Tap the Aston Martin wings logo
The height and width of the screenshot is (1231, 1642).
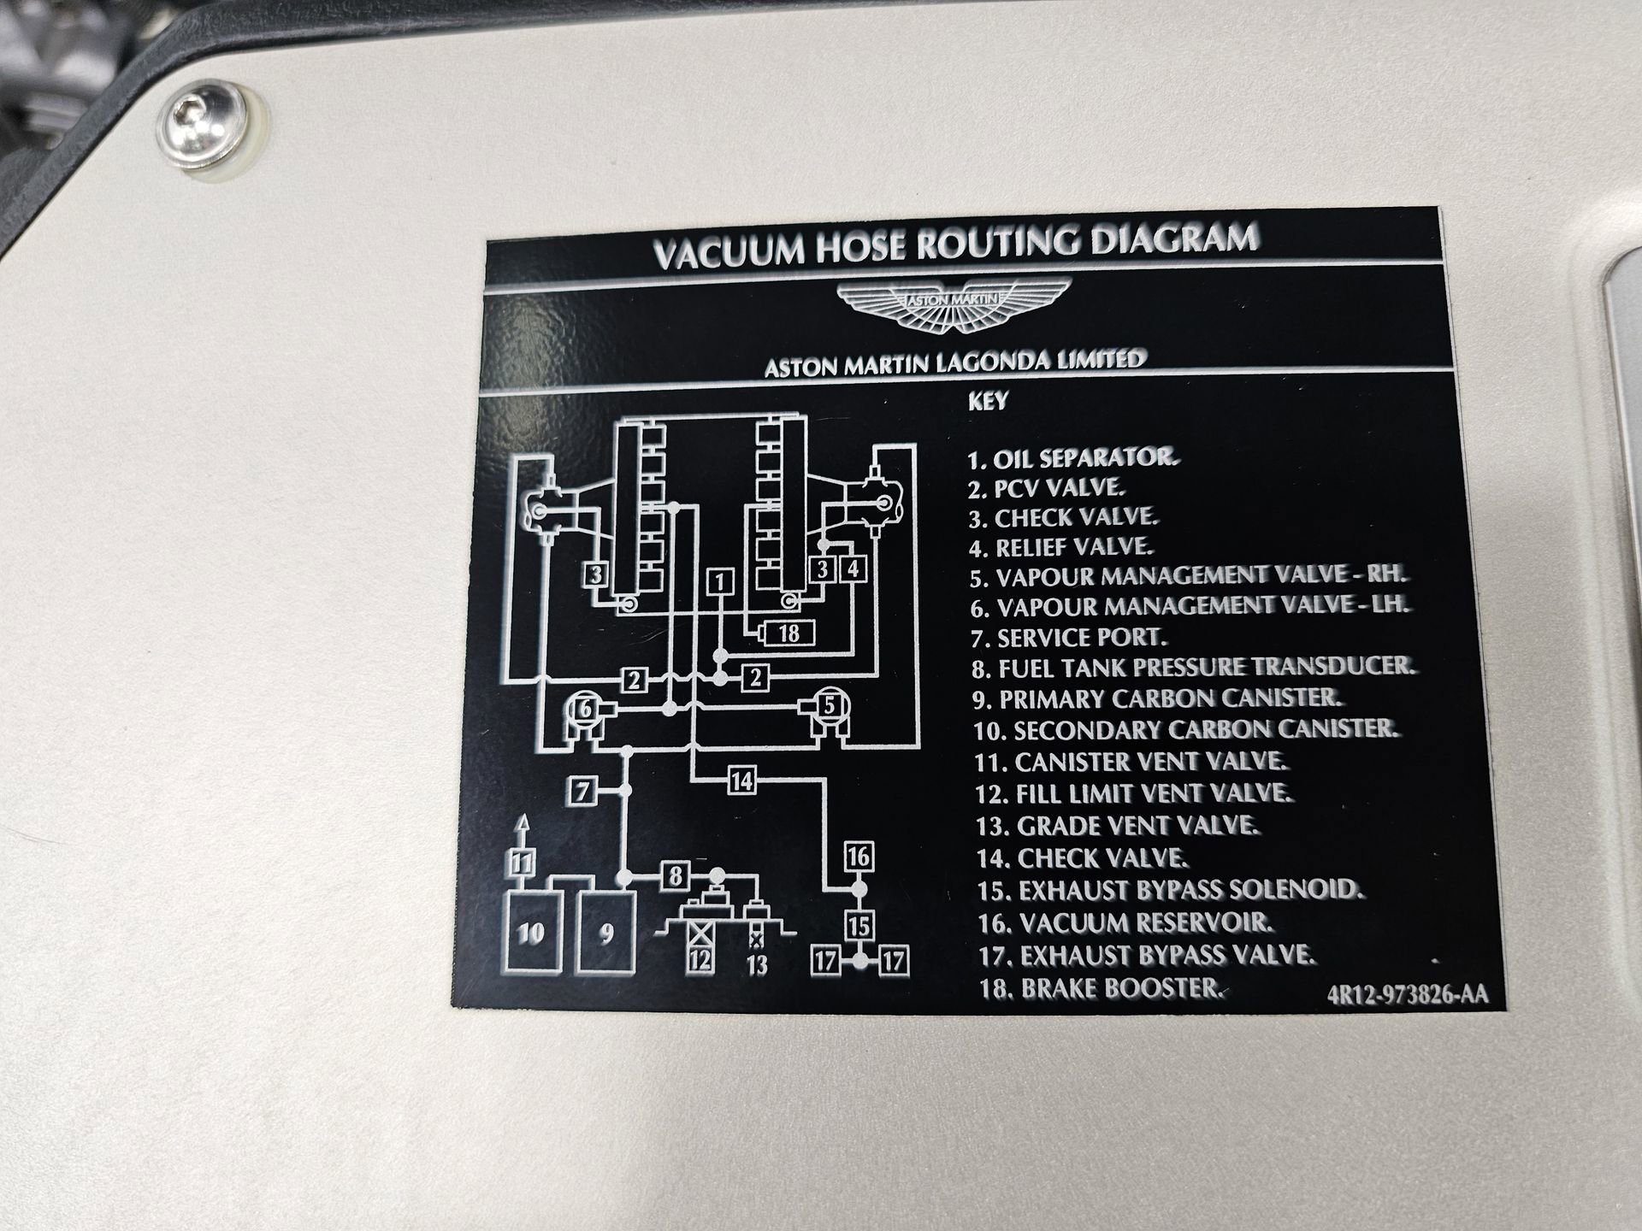tap(953, 307)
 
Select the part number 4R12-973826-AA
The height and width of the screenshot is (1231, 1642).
tap(1408, 995)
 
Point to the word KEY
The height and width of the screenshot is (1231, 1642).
tap(988, 401)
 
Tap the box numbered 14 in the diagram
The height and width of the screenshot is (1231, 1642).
tap(741, 780)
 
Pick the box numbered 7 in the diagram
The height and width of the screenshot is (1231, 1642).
tap(582, 792)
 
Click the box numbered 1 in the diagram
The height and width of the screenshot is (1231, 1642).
tap(720, 582)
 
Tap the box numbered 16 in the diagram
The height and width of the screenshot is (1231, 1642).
tap(858, 856)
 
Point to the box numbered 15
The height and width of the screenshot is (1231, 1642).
tap(859, 925)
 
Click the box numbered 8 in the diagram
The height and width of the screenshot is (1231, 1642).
tap(675, 876)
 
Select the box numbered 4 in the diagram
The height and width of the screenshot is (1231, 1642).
tap(853, 568)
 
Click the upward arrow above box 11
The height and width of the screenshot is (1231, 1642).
tap(523, 831)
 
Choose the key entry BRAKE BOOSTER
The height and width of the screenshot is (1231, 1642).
tap(1102, 989)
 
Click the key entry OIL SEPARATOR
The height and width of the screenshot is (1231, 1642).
tap(1073, 458)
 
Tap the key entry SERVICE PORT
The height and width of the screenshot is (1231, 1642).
tap(1069, 638)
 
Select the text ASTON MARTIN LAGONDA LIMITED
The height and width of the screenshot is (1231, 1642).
tap(954, 362)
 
